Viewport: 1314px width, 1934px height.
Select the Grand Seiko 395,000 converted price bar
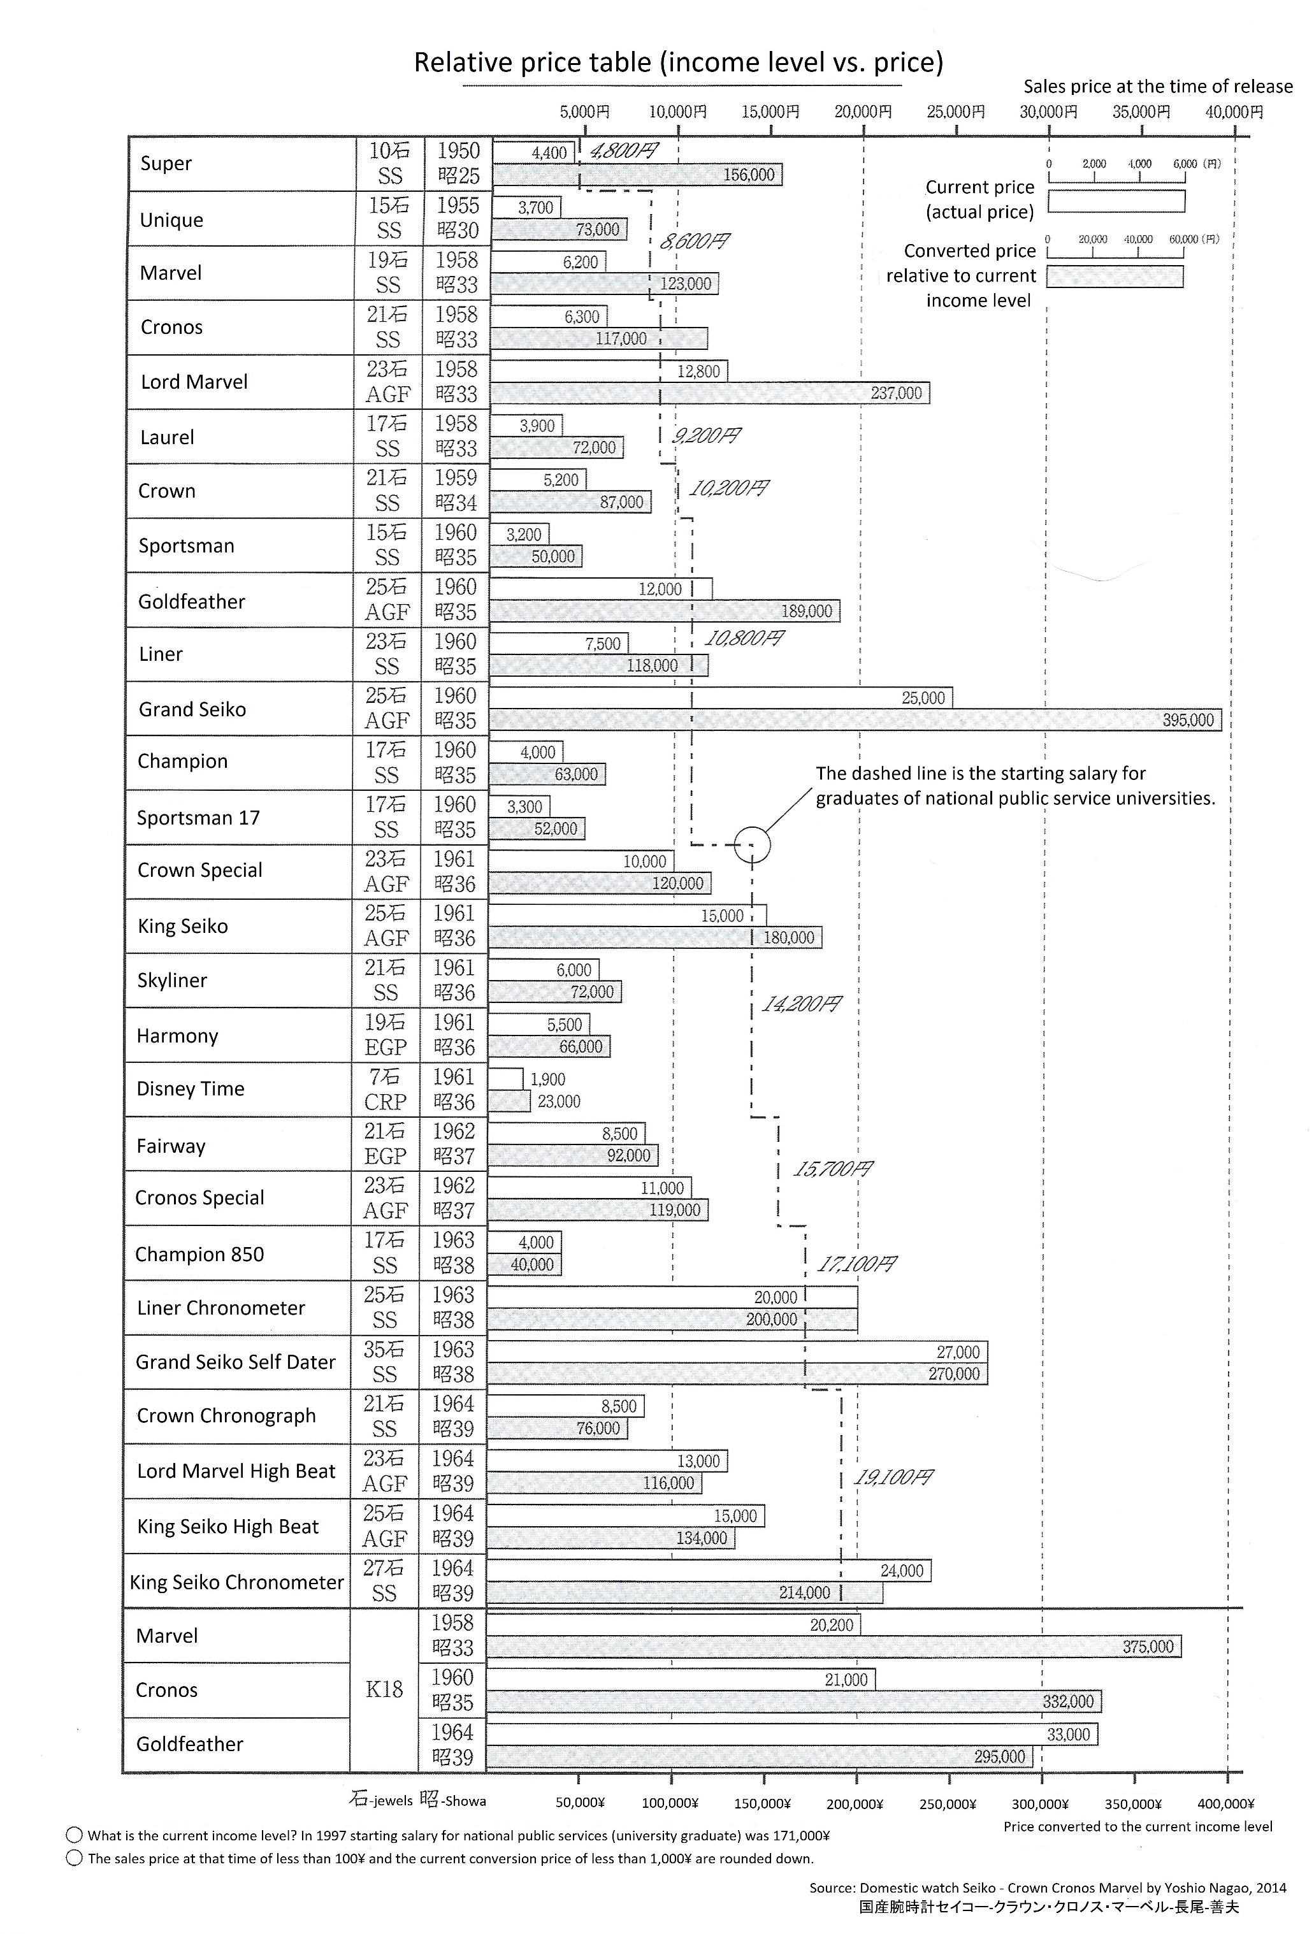pyautogui.click(x=855, y=720)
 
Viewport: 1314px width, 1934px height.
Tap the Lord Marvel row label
pyautogui.click(x=194, y=382)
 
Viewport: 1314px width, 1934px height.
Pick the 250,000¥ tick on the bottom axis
pyautogui.click(x=948, y=1804)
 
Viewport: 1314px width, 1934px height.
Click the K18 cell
pyautogui.click(x=384, y=1690)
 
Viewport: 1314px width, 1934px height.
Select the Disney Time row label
pyautogui.click(x=191, y=1089)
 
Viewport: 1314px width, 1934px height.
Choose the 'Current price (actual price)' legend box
pyautogui.click(x=1116, y=201)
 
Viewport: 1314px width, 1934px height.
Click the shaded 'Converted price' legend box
pyautogui.click(x=1115, y=277)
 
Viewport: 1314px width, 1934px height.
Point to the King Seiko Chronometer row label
pyautogui.click(x=237, y=1582)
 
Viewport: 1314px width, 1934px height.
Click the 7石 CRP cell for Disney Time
pyautogui.click(x=384, y=1089)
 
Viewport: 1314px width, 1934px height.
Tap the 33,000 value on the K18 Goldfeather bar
pyautogui.click(x=1067, y=1735)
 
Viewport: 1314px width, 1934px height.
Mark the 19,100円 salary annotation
pyautogui.click(x=893, y=1478)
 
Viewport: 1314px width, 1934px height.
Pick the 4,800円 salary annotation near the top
pyautogui.click(x=623, y=150)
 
